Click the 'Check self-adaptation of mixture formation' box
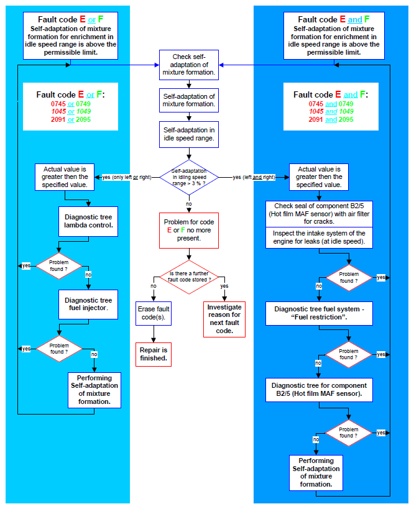188,65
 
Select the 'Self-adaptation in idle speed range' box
188,134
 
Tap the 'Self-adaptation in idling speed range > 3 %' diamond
188,177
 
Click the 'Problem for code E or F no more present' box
188,231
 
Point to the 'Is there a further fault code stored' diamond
188,277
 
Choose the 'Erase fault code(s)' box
154,314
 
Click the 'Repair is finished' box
154,354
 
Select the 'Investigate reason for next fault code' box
224,319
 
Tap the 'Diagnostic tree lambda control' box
88,221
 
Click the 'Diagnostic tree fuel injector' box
88,305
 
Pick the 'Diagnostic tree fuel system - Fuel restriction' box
319,314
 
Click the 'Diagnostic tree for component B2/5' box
319,390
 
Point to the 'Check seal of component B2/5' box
319,214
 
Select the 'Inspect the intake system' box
319,237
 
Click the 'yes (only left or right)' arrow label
127,177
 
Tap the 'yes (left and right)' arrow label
254,177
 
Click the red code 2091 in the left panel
58,119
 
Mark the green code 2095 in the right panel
346,119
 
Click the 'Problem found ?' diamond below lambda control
59,266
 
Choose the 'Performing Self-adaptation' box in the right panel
316,472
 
